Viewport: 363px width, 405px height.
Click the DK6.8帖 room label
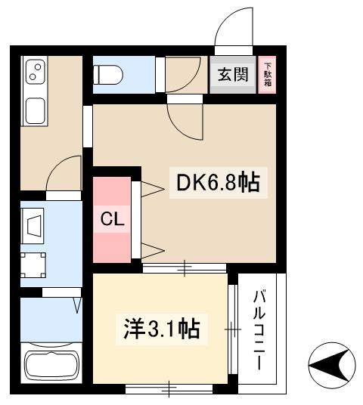pyautogui.click(x=218, y=183)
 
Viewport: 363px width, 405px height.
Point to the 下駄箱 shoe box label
pyautogui.click(x=267, y=75)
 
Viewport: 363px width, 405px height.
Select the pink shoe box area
pyautogui.click(x=267, y=75)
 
